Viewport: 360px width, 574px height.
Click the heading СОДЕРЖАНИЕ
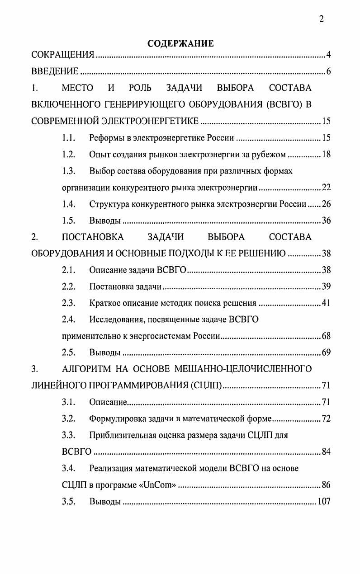click(x=180, y=43)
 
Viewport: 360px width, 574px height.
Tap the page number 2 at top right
click(x=321, y=19)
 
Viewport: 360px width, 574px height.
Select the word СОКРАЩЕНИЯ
click(x=62, y=56)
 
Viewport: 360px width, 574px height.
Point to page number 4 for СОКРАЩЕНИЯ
click(x=328, y=56)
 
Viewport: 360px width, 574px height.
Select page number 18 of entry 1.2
click(x=326, y=155)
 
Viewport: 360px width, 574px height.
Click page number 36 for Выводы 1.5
click(x=326, y=221)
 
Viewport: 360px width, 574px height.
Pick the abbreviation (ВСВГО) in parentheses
click(x=280, y=104)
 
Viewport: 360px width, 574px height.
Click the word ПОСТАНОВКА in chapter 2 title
click(x=92, y=237)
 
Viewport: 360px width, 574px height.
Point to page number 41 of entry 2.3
click(x=326, y=303)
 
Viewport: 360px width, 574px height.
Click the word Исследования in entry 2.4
click(x=115, y=320)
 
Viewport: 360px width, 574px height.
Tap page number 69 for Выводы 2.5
click(x=326, y=353)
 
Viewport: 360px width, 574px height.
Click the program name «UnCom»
click(x=158, y=485)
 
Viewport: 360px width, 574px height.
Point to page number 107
click(x=324, y=502)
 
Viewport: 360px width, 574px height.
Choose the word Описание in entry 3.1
click(x=108, y=402)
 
